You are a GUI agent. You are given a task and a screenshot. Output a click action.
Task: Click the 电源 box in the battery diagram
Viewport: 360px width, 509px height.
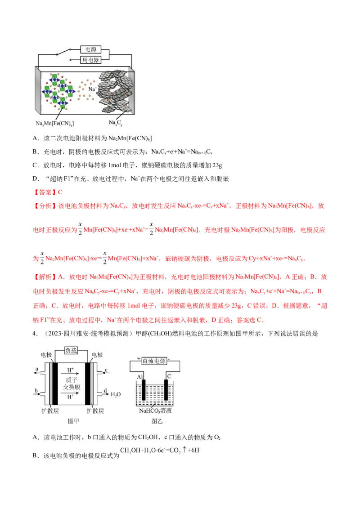click(90, 49)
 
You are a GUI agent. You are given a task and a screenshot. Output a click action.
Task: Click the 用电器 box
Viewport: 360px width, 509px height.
click(90, 60)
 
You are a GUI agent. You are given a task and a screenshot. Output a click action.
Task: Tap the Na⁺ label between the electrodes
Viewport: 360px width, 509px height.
click(93, 89)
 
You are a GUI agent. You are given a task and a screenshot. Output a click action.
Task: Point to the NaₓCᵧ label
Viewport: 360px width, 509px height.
click(116, 122)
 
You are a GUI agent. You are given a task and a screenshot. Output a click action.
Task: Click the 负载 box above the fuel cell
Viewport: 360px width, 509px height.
click(74, 350)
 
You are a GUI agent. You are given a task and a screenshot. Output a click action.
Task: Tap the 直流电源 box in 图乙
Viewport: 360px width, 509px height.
click(154, 361)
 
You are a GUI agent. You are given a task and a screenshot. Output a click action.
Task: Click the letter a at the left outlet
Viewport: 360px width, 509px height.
click(36, 370)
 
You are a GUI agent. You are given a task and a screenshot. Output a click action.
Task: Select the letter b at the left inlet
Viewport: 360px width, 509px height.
click(36, 391)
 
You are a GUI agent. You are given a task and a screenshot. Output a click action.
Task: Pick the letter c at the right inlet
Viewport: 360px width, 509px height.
click(106, 370)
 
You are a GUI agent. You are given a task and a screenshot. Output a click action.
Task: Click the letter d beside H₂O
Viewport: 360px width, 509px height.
click(105, 391)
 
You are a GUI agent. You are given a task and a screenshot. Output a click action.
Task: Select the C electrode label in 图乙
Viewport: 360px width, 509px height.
click(169, 376)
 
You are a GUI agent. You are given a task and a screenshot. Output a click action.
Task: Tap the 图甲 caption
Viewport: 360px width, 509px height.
click(73, 421)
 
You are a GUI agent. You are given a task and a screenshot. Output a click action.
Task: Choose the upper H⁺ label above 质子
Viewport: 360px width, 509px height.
click(71, 370)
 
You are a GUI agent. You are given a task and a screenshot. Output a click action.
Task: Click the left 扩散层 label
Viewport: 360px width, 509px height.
click(44, 411)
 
